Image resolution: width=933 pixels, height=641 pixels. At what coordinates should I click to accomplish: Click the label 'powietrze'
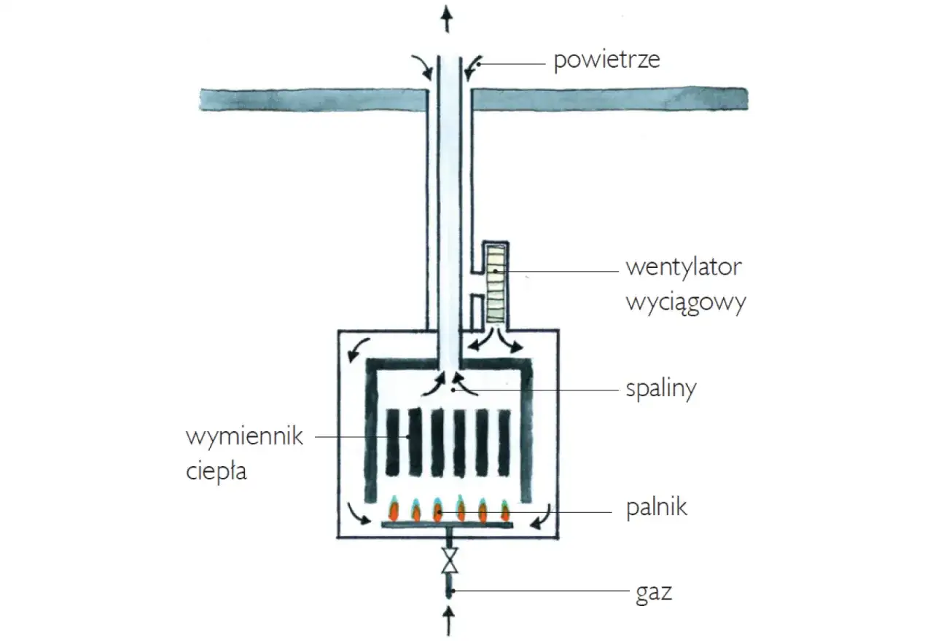606,60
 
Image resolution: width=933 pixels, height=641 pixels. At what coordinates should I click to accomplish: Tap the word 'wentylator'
683,267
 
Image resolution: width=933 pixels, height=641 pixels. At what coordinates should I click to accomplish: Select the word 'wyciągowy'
685,302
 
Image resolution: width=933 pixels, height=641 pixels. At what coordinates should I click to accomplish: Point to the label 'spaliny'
661,388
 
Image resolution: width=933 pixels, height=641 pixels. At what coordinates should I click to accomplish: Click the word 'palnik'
656,507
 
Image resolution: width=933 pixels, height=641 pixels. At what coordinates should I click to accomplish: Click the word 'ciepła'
216,471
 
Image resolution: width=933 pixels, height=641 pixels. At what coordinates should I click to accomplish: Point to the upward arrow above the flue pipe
448,17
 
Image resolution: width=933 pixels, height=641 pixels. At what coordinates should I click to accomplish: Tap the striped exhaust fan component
496,284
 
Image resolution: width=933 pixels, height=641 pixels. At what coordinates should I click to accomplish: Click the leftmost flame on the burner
394,510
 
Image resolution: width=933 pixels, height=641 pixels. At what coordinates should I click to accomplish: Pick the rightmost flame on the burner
504,510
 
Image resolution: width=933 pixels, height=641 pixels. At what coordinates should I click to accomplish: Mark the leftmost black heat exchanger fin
393,442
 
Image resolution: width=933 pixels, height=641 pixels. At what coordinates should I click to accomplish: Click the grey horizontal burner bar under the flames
449,524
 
